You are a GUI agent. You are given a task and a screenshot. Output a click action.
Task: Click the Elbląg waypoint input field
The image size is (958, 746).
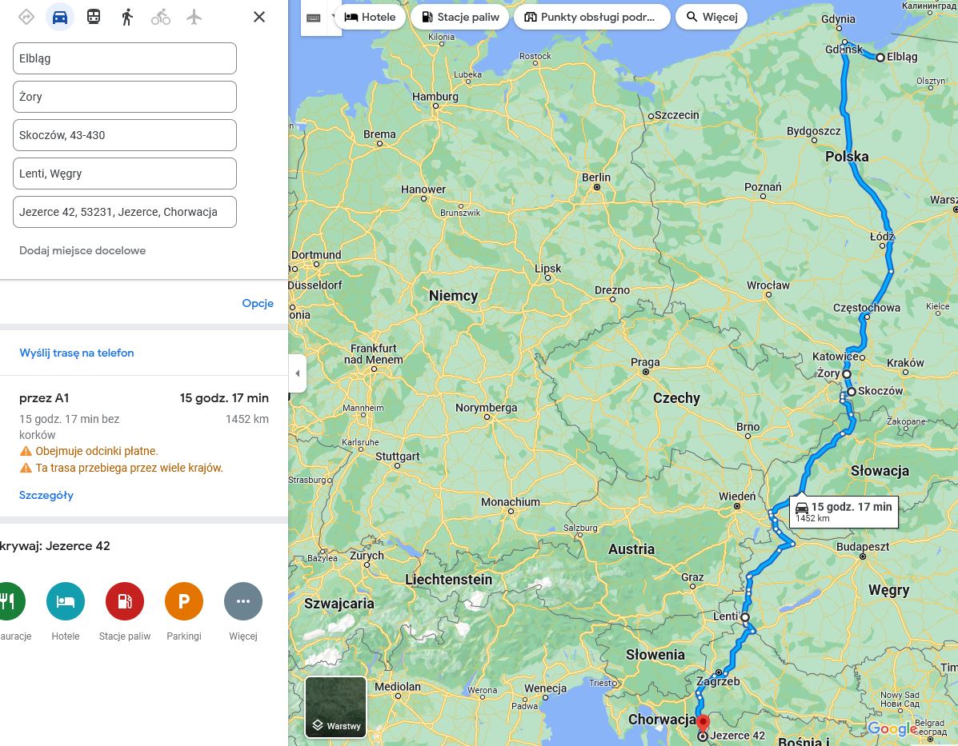124,58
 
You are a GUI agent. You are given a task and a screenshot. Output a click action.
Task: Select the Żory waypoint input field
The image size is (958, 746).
124,97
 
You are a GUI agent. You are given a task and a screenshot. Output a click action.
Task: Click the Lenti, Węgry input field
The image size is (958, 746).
124,174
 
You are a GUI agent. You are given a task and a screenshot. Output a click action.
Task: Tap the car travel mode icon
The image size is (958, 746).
60,17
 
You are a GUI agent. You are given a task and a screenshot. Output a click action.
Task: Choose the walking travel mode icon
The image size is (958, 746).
127,17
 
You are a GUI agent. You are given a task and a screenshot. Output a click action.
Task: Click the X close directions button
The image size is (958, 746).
259,17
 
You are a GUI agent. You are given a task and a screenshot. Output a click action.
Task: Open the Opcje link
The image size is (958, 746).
258,303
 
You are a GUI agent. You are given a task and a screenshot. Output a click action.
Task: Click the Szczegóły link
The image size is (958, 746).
46,495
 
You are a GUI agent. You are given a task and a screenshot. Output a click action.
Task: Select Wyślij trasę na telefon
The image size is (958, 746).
77,353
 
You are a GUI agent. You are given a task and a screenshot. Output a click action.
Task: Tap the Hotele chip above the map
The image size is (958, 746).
370,17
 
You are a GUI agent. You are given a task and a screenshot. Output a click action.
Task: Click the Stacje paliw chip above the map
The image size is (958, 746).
459,17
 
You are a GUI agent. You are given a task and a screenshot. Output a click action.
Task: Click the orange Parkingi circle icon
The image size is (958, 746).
184,601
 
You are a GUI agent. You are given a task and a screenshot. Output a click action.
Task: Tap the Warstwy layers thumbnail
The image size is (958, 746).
335,707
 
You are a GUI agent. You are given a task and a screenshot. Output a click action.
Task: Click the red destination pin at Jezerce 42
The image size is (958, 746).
703,724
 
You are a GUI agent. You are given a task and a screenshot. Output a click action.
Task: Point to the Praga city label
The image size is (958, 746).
645,362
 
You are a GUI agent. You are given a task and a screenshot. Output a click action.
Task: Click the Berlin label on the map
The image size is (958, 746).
596,178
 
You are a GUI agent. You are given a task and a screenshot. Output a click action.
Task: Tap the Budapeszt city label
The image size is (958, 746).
863,547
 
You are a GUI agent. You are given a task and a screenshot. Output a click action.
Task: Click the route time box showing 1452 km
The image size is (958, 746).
843,511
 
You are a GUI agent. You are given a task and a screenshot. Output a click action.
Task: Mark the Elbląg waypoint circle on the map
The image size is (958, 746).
880,58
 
